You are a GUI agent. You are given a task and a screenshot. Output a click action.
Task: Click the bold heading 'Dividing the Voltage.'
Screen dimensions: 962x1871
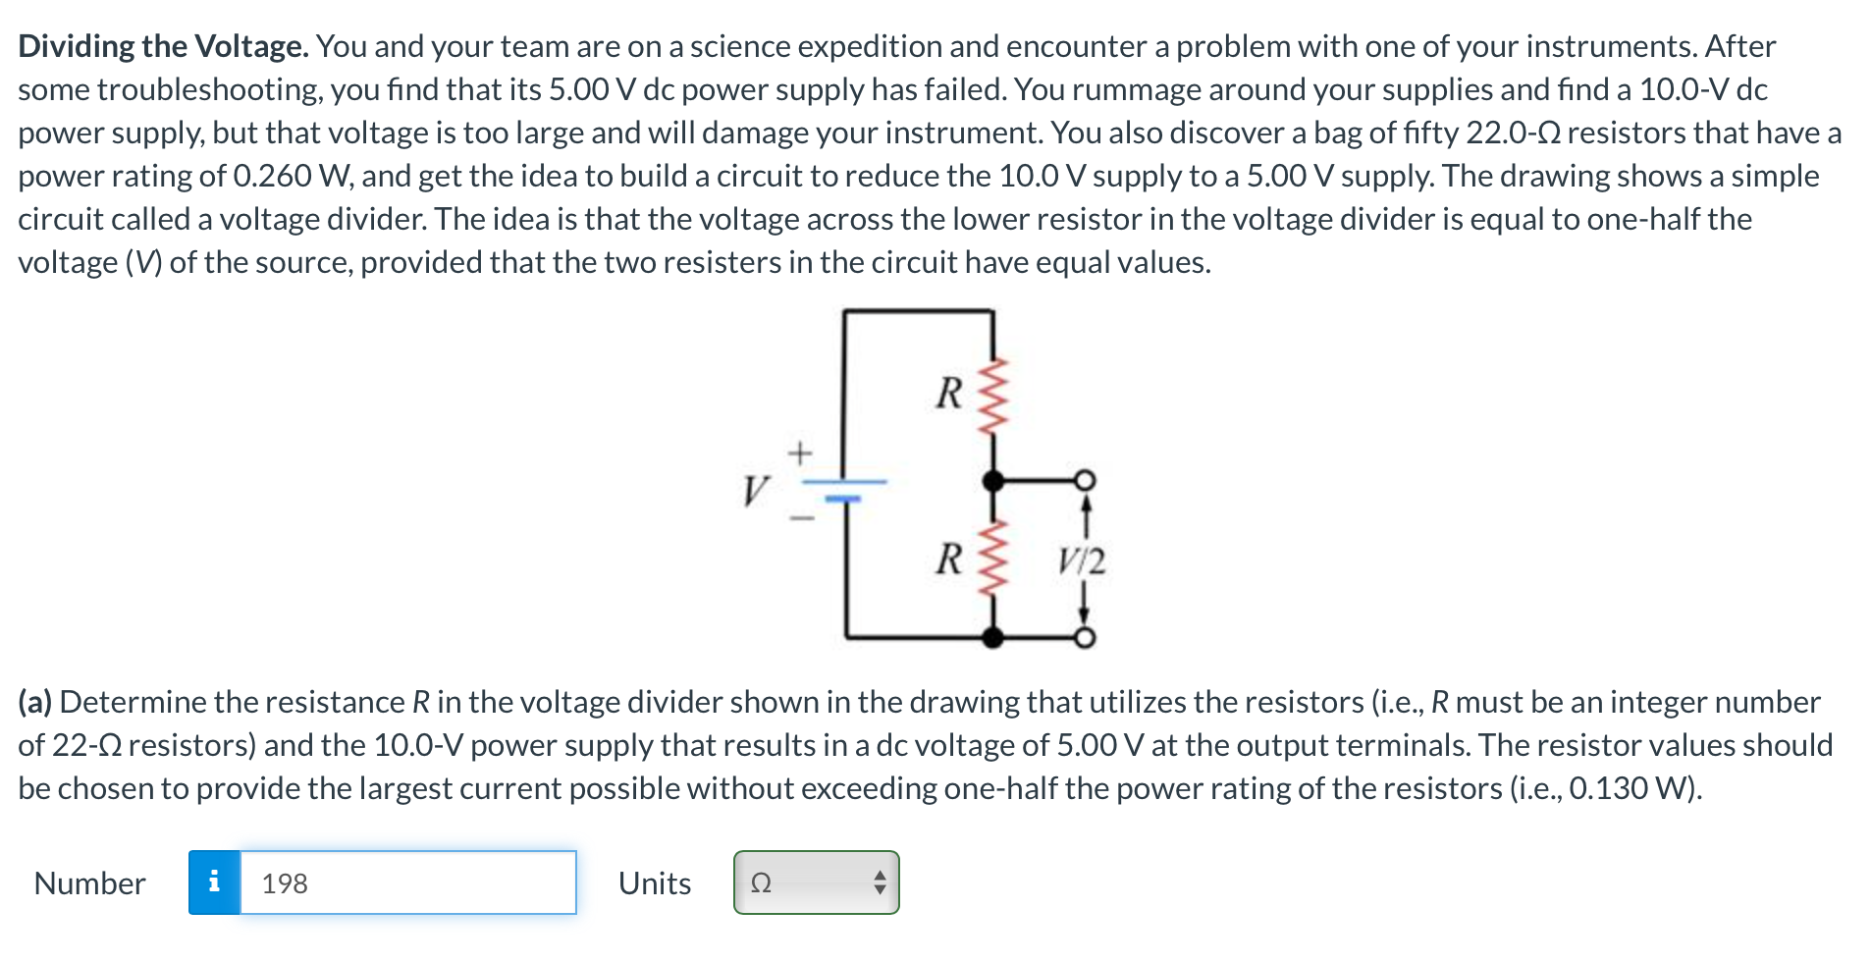click(163, 46)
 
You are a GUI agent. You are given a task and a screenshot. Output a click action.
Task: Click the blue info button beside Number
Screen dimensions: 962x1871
click(214, 882)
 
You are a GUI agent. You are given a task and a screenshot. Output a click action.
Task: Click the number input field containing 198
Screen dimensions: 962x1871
click(407, 882)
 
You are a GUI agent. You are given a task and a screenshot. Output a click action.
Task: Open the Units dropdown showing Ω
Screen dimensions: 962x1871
click(816, 882)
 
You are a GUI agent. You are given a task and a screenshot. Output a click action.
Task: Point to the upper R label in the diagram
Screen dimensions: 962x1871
click(948, 393)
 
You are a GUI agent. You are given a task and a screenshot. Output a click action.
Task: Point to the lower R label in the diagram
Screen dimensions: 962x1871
click(948, 560)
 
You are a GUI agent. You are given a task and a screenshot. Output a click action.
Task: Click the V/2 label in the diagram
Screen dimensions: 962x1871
click(1081, 561)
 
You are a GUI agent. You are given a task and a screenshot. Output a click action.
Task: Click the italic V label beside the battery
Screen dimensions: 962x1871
click(755, 490)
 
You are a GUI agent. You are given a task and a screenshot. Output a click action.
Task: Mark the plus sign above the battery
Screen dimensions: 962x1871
click(801, 454)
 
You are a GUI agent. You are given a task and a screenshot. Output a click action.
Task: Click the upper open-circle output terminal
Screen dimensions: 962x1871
click(1084, 480)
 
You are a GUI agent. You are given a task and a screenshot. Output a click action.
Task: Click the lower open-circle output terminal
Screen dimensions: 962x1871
click(1084, 638)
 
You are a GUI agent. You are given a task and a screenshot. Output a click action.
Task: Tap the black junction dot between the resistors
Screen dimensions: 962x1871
click(993, 481)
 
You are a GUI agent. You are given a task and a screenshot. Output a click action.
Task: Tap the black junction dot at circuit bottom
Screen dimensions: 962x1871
click(993, 638)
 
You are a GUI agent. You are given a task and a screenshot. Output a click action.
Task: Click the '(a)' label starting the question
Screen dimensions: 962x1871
click(35, 702)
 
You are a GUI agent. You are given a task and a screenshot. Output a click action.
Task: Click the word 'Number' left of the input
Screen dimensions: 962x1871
click(89, 883)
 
